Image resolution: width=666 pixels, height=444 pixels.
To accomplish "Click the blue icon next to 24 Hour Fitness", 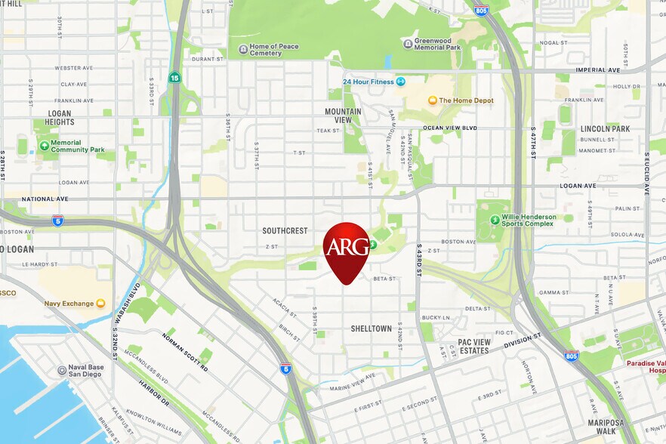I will coord(401,82).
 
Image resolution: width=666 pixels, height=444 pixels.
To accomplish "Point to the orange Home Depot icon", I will coord(433,100).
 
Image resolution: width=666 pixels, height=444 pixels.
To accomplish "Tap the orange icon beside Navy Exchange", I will coord(100,303).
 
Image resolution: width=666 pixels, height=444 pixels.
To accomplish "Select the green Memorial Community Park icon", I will coord(45,146).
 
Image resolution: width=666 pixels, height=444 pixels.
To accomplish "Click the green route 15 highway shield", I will coord(174,78).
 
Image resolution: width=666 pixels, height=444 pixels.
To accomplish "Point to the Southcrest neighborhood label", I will coord(285,230).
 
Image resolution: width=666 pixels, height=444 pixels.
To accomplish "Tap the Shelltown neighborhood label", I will coord(371,328).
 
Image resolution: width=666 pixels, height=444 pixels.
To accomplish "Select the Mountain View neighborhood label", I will coord(343,116).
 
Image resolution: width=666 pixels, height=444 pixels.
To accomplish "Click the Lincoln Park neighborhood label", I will coord(605,129).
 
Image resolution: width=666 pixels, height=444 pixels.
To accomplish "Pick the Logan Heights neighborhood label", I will coord(59,118).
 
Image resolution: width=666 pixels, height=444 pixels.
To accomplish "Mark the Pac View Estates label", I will coord(474,346).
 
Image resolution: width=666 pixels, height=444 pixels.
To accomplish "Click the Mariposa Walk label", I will coord(609,428).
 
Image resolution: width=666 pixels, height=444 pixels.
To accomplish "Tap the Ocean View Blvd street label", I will coord(450,128).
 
